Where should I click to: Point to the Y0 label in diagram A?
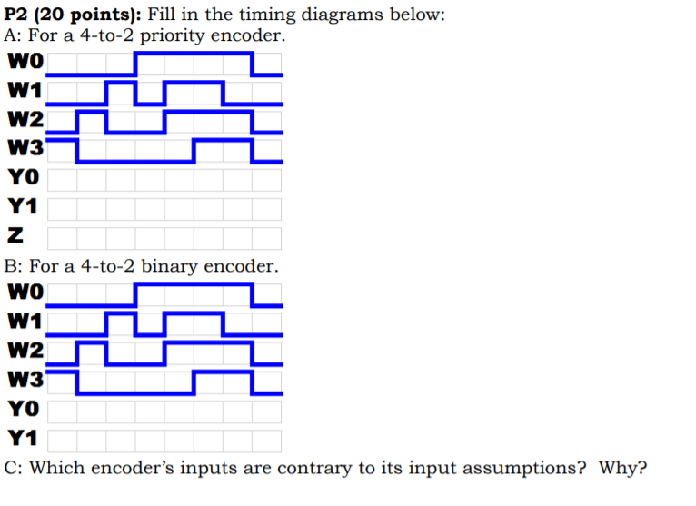pos(22,178)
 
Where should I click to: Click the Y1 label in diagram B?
pos(22,440)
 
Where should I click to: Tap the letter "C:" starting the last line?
pos(15,469)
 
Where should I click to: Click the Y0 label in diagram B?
pos(22,411)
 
